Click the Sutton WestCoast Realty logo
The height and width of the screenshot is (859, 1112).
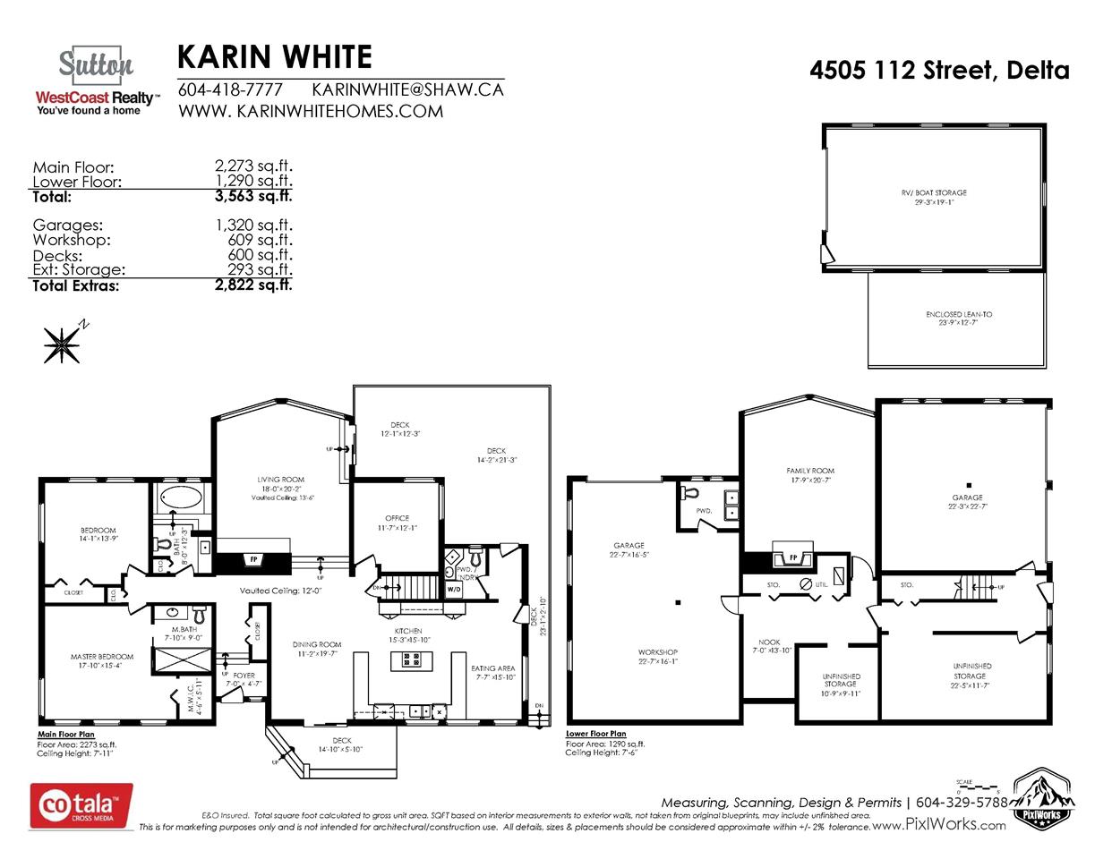96,81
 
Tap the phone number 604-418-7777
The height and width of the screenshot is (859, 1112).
230,89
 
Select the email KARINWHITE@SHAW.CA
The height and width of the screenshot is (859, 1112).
407,89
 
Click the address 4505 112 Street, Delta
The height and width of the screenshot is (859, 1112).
939,70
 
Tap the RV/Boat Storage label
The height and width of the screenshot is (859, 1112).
934,197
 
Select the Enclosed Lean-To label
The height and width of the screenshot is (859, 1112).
958,318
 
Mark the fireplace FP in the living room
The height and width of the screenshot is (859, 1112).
253,560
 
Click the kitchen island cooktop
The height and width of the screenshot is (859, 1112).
412,660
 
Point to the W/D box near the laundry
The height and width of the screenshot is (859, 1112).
454,589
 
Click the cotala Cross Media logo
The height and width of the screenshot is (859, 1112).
81,805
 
